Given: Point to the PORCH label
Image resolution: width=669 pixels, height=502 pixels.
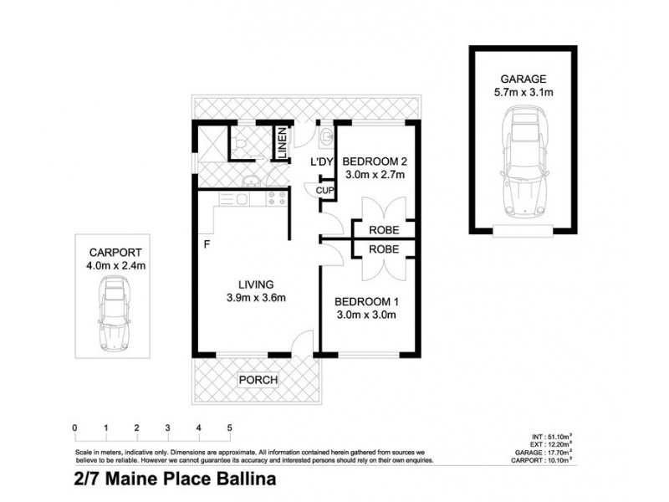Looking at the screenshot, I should click(x=258, y=380).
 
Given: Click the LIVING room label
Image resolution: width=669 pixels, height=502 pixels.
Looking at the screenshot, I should click(x=254, y=284).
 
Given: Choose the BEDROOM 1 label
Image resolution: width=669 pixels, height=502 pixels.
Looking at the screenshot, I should click(x=365, y=302).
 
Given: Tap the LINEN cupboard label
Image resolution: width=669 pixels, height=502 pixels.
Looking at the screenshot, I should click(x=283, y=145).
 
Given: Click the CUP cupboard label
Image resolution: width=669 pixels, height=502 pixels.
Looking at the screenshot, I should click(x=326, y=192).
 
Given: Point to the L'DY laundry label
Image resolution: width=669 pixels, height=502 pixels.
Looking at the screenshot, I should click(x=323, y=161).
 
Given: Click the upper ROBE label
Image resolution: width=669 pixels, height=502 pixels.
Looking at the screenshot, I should click(x=380, y=229).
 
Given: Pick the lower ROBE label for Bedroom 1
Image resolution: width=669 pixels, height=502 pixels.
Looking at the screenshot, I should click(x=380, y=249).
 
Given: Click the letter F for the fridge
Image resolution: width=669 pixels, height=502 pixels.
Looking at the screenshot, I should click(x=206, y=246).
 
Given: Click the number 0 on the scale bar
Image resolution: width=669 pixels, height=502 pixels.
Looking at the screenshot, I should click(x=75, y=428).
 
